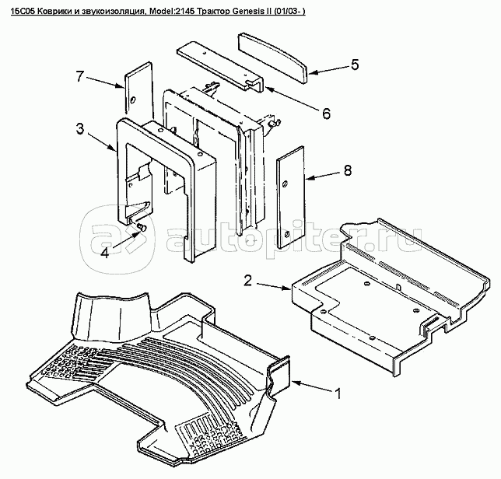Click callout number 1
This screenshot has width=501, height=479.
[338, 393]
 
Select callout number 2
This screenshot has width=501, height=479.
[248, 281]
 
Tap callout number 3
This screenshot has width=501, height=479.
[80, 129]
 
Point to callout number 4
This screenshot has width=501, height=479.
[104, 253]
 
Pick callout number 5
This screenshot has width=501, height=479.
[355, 65]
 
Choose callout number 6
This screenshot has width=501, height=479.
[326, 114]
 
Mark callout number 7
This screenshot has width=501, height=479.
[80, 76]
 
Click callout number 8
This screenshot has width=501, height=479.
[348, 170]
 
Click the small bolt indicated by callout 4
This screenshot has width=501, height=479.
[142, 227]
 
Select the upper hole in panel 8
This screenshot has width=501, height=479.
[286, 184]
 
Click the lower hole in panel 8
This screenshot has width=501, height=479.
[286, 234]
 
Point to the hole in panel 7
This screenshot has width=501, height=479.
[133, 100]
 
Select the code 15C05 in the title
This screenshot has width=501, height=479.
[22, 12]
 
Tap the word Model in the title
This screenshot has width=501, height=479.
[157, 12]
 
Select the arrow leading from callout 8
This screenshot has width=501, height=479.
[323, 176]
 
